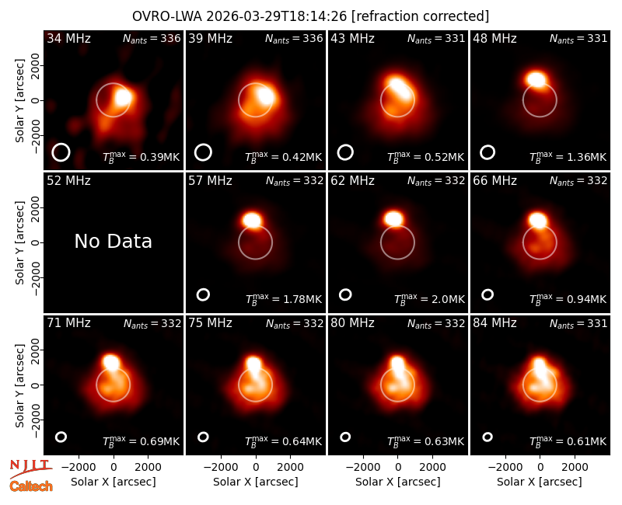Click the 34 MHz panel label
click(68, 38)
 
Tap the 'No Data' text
click(113, 241)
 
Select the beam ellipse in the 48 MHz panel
click(487, 152)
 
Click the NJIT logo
click(30, 468)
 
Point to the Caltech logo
click(31, 486)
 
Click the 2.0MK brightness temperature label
click(429, 299)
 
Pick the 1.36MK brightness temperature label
click(568, 157)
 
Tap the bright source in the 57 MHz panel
click(252, 220)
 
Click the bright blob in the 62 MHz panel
click(394, 218)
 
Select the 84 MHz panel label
click(494, 323)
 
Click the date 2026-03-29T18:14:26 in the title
click(277, 16)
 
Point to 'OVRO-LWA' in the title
click(167, 16)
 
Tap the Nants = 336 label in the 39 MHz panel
click(294, 38)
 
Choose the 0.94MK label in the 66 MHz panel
click(568, 299)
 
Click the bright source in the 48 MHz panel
click(536, 79)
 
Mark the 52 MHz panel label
click(68, 181)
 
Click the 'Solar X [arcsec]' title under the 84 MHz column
click(540, 482)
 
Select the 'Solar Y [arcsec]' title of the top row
click(19, 101)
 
